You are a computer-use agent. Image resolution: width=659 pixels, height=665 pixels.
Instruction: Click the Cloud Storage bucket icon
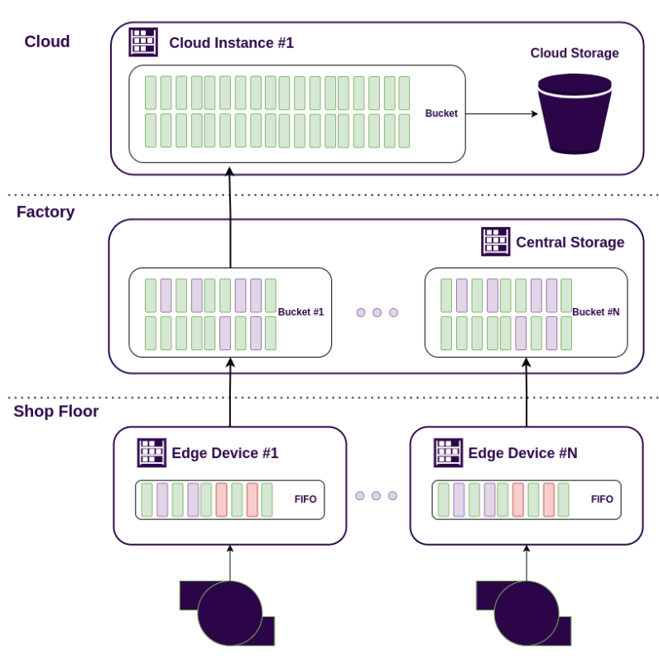coord(574,113)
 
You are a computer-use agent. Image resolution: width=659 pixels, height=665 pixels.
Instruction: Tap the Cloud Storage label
coord(575,53)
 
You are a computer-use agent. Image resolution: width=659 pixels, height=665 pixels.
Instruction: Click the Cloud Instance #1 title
coord(231,43)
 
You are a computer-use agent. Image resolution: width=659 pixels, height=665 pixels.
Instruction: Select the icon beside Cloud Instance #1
coord(143,42)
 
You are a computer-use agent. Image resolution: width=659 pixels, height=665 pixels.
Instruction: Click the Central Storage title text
coord(570,243)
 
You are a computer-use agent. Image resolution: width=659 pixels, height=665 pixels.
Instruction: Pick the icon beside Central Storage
coord(495,242)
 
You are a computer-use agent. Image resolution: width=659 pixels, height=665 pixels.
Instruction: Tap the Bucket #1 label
coord(301,312)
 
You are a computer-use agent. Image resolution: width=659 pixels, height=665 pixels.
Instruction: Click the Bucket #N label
coord(595,312)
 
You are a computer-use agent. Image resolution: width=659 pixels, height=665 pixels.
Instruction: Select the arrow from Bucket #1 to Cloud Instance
coord(230,218)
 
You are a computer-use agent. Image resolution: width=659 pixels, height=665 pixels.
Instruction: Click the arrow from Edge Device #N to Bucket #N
coord(526,393)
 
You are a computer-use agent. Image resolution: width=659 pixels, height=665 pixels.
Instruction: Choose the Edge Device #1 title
coord(224,454)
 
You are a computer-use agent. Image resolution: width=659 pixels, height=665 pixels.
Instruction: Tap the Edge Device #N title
coord(522,454)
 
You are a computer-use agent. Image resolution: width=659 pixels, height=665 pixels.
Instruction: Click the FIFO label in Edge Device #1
coord(305,499)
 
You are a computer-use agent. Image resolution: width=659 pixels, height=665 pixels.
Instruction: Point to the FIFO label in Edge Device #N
coord(602,499)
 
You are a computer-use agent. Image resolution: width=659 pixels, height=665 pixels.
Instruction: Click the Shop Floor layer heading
coord(55,412)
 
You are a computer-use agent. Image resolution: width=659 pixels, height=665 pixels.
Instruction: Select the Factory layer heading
coord(46,212)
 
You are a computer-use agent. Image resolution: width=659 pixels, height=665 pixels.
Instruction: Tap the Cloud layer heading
coord(47,41)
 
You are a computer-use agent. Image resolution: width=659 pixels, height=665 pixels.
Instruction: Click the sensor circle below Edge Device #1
coord(229,614)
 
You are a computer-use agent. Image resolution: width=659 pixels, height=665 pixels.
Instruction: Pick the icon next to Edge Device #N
coord(448,453)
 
